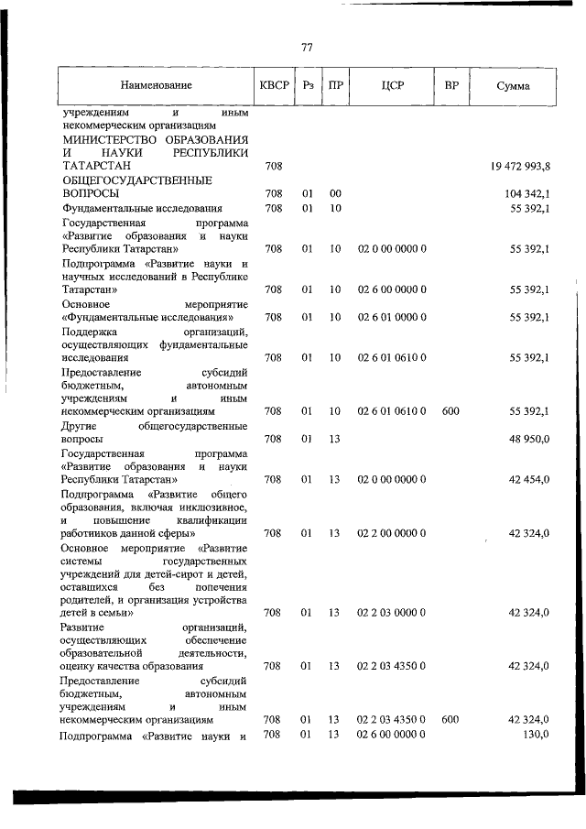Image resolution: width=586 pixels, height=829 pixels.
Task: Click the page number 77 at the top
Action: tap(307, 48)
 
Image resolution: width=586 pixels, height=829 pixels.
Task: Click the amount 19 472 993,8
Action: tap(517, 166)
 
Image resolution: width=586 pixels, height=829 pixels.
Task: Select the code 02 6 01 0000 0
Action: tap(392, 317)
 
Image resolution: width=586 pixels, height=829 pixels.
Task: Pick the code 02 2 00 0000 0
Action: tap(392, 532)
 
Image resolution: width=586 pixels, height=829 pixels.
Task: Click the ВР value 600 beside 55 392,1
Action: tap(450, 411)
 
